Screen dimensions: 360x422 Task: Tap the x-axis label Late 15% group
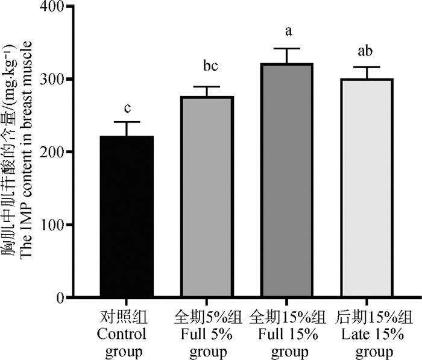coord(375,335)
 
